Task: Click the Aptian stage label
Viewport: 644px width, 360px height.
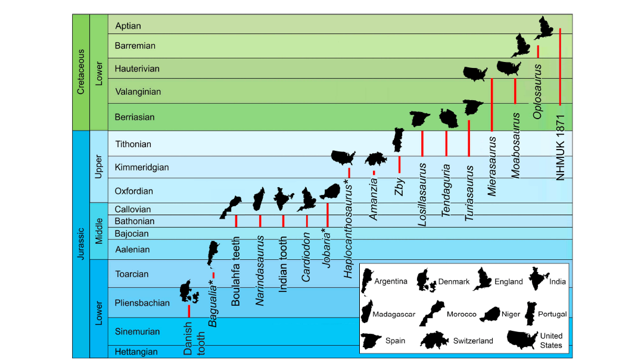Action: tap(128, 26)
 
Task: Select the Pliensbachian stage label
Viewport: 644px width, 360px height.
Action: tap(142, 303)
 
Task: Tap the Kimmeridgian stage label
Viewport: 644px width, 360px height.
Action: tap(142, 167)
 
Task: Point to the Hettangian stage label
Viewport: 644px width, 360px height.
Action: tap(136, 352)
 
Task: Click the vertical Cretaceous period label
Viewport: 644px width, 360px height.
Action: tap(81, 72)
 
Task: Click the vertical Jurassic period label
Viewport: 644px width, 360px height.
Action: tap(81, 244)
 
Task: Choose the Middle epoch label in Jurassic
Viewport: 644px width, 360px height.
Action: tap(99, 231)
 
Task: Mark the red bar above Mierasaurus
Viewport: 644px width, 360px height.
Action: tap(491, 104)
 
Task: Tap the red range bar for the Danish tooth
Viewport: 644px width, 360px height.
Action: tap(189, 311)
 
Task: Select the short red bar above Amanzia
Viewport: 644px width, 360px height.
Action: tap(374, 173)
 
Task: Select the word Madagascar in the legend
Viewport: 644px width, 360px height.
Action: tap(394, 314)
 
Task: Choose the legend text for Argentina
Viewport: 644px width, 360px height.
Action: tap(391, 281)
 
